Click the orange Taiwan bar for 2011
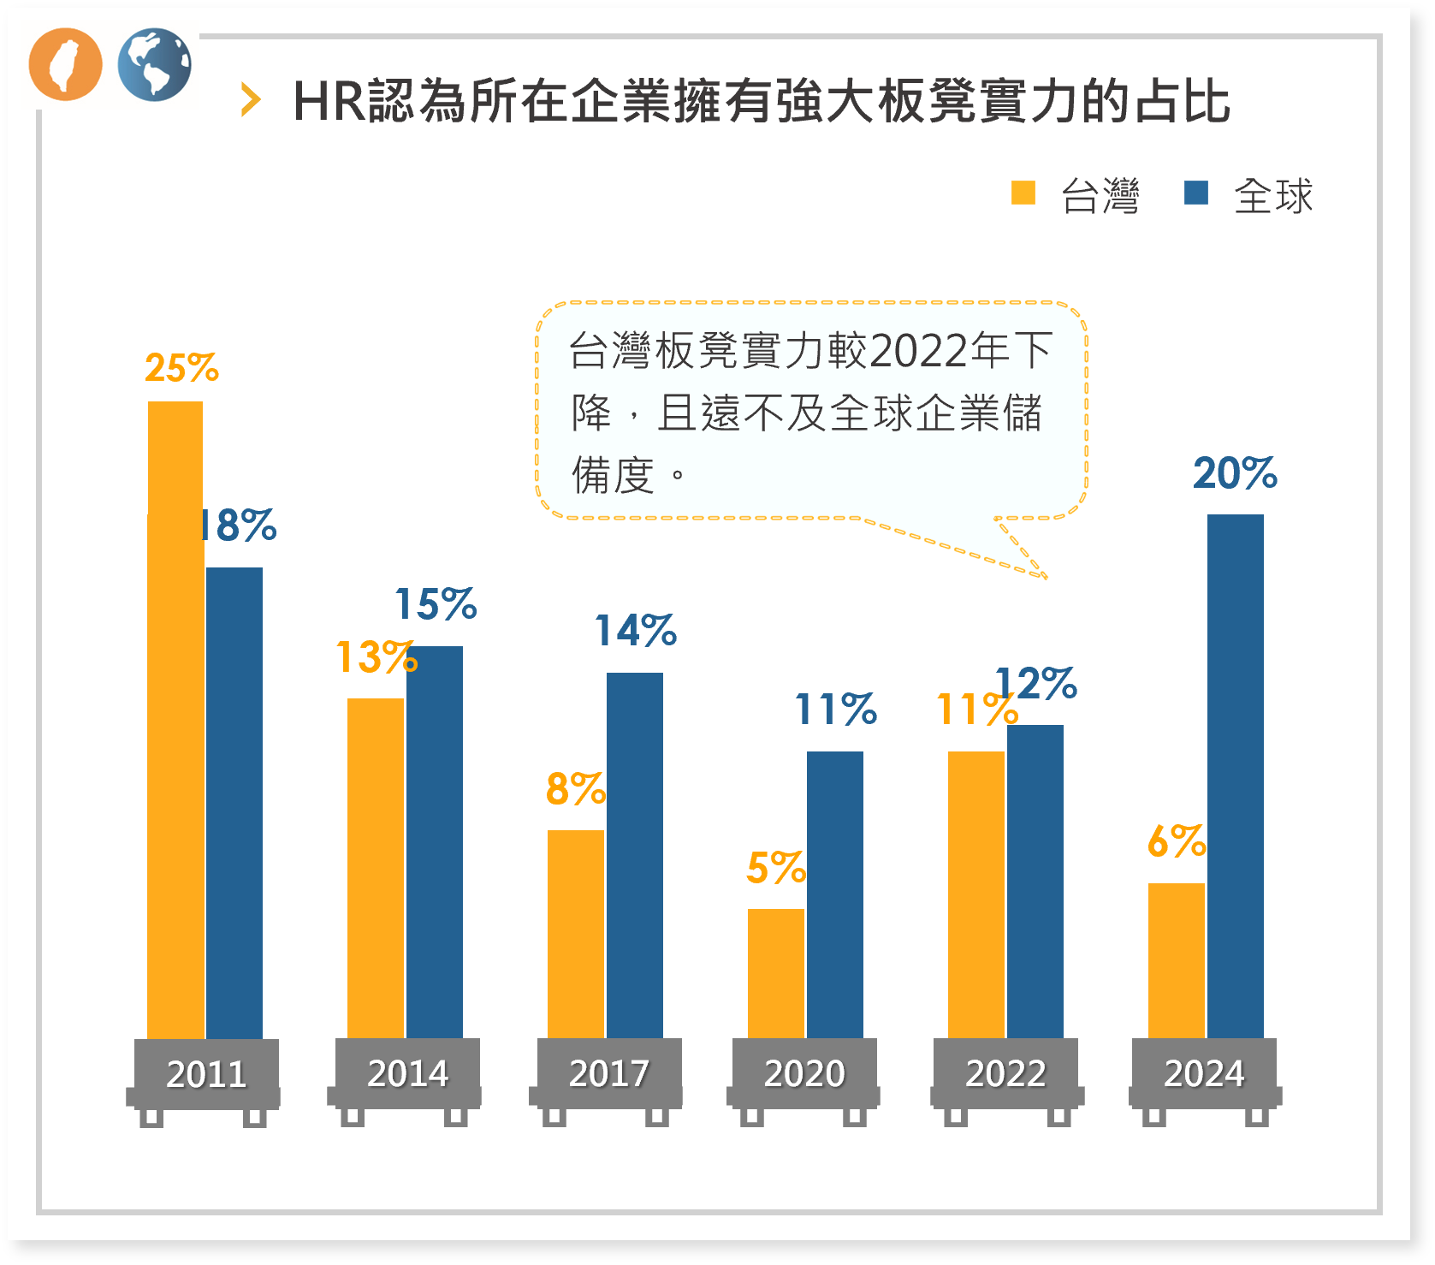click(175, 719)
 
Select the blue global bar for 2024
click(1235, 775)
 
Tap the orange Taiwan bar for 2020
click(775, 973)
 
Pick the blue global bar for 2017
click(634, 855)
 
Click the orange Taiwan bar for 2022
click(975, 894)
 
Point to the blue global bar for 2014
click(434, 842)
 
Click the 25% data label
click(181, 368)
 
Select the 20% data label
click(1235, 473)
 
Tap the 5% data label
click(775, 868)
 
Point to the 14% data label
click(635, 631)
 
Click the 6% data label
click(1176, 841)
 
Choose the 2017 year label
click(608, 1073)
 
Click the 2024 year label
click(1204, 1073)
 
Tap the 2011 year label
click(206, 1074)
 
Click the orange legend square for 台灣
click(1023, 193)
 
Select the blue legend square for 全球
click(1195, 193)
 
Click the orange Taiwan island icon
click(65, 64)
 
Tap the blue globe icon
click(154, 64)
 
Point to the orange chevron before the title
click(250, 100)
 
